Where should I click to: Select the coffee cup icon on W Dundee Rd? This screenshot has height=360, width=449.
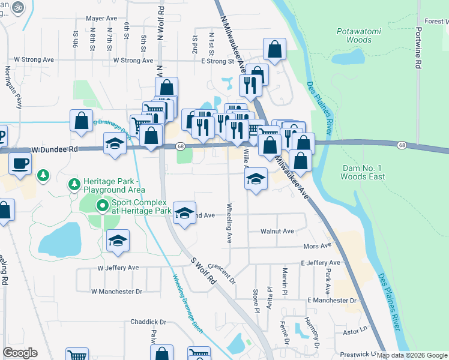coord(20,164)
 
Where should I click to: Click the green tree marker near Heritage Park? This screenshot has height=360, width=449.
coord(43,176)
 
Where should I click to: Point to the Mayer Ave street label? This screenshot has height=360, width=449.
coord(101,19)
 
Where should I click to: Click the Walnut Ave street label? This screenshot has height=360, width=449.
coord(277,231)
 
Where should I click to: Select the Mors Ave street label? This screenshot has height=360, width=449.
coord(318,246)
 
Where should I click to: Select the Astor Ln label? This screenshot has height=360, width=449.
coord(354,329)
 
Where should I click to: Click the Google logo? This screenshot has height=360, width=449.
coord(20,353)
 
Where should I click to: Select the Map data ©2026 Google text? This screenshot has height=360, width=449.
coord(412,355)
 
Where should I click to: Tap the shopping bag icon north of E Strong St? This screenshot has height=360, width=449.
coord(274,50)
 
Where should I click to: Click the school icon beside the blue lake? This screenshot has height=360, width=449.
coord(118,241)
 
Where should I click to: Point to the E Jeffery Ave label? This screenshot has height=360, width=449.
coord(321,263)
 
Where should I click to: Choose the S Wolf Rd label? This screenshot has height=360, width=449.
coord(203,271)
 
